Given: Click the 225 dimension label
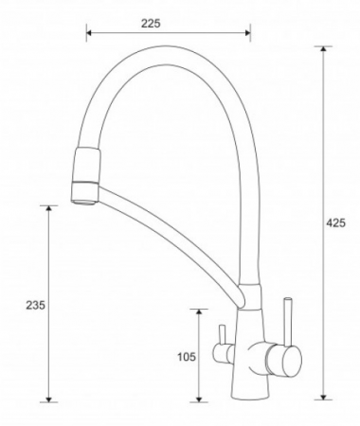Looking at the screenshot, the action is (x=151, y=24).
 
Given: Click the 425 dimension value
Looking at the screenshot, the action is (x=335, y=223).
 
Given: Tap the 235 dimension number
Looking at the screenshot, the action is (x=36, y=305).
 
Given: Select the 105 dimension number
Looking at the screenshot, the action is (x=187, y=357).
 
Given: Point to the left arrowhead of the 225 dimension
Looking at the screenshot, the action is (x=89, y=32).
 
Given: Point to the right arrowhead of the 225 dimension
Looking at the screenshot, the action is (x=248, y=32).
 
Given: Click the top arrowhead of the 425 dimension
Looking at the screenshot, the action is (x=323, y=49).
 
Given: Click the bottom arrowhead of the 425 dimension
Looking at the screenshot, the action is (x=323, y=397).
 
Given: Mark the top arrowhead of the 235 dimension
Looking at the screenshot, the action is (x=48, y=208).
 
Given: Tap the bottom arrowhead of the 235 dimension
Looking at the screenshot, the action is (x=48, y=399).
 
